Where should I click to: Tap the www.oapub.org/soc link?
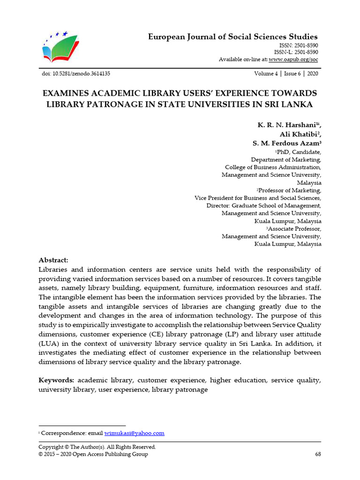(293, 60)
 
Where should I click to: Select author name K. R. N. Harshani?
(287, 125)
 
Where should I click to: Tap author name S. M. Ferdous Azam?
(285, 143)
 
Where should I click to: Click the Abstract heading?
(53, 260)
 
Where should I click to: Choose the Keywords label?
(56, 380)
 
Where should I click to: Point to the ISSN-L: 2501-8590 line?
(295, 52)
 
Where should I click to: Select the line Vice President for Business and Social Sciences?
(258, 198)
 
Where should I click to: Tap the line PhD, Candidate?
(299, 152)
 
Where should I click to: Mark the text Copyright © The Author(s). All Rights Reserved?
(97, 447)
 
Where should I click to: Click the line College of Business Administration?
(273, 167)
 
